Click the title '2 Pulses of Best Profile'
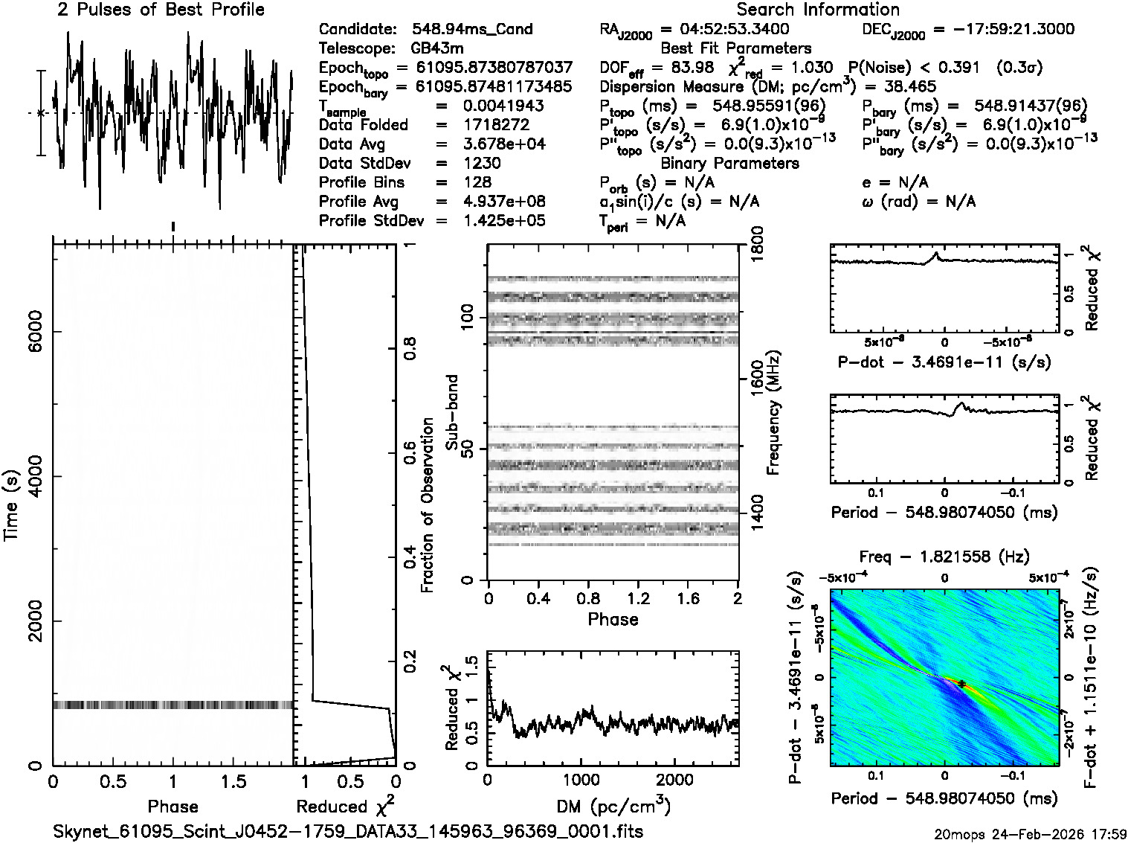click(x=161, y=10)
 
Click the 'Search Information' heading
click(x=818, y=10)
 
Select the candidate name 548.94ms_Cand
click(x=472, y=30)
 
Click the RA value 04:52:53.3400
click(x=724, y=30)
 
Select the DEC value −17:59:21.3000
click(x=1003, y=30)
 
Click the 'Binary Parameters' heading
click(x=730, y=164)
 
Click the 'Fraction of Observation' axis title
click(x=428, y=505)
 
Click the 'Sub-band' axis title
click(x=452, y=411)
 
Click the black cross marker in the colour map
click(x=961, y=684)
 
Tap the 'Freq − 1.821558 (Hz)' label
click(x=944, y=557)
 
